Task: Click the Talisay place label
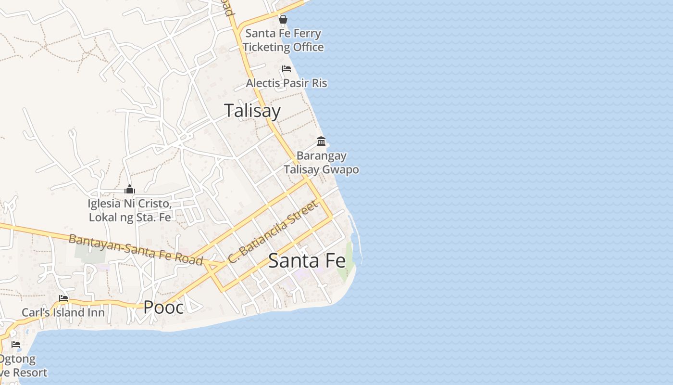click(252, 111)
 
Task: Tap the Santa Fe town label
click(307, 261)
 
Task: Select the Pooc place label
click(163, 307)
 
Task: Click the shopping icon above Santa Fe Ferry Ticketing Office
click(283, 19)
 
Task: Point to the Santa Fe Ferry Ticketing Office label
click(283, 40)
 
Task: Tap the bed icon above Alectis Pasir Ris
click(287, 69)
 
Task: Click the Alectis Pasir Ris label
click(287, 83)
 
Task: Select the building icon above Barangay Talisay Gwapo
click(321, 141)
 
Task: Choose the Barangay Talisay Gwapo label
click(321, 163)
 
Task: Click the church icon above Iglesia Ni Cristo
click(129, 189)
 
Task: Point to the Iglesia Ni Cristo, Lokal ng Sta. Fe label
click(130, 210)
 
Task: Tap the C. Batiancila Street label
click(273, 232)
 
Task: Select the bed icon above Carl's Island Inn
click(63, 298)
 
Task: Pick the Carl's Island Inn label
click(63, 313)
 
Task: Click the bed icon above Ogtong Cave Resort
click(16, 345)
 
